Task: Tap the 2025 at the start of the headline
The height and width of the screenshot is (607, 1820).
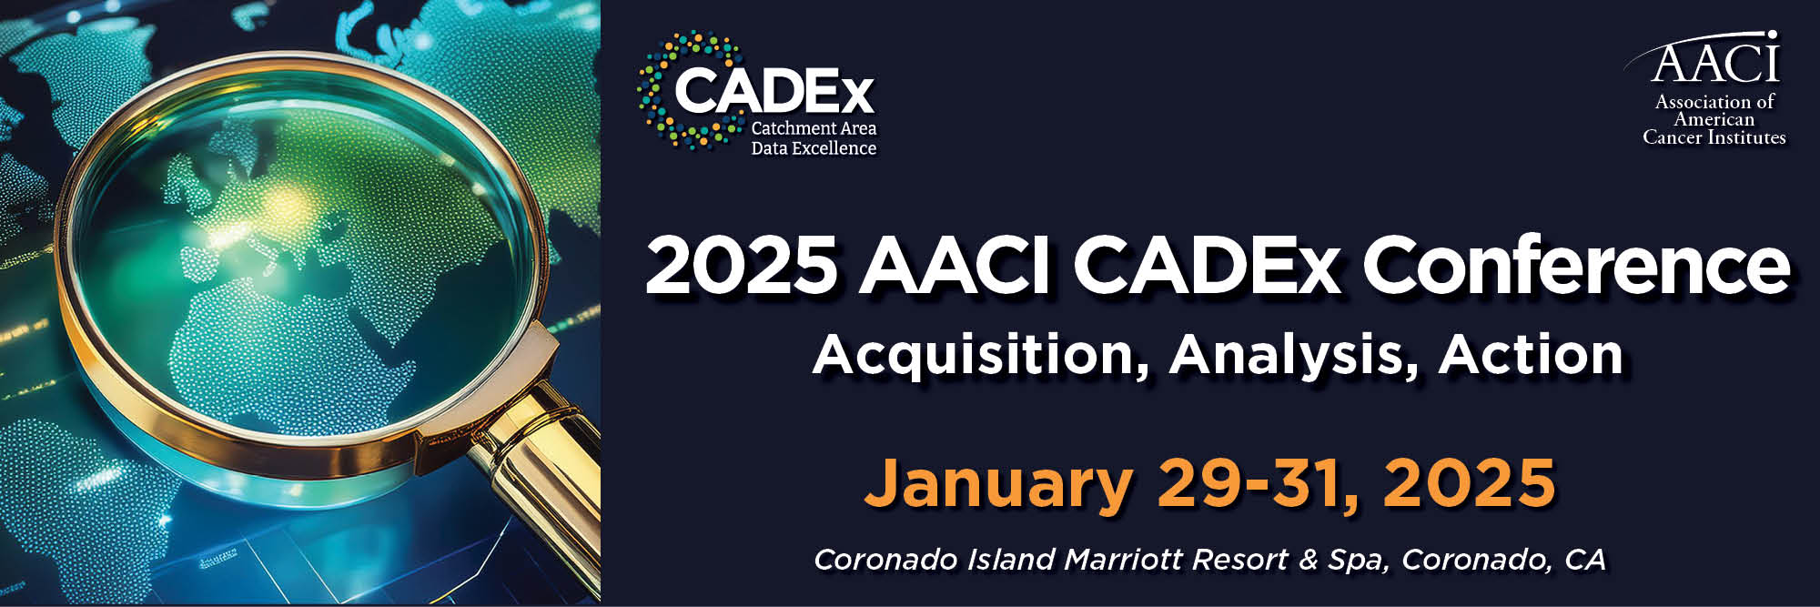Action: coord(741,265)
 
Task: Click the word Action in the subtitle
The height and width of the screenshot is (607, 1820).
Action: coord(1531,354)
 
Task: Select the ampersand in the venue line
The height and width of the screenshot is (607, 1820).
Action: coord(1309,559)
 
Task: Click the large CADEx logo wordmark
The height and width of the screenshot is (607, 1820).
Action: coord(773,91)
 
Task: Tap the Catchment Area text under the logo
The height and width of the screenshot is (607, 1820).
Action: coord(814,128)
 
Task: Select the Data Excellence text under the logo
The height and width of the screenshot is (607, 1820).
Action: coord(814,148)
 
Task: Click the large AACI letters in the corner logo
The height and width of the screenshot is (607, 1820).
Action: coord(1714,62)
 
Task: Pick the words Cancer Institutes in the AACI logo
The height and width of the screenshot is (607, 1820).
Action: coord(1714,137)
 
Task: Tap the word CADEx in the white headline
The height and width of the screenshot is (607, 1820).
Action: coord(1207,265)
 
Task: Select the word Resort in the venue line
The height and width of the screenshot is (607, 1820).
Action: coord(1239,559)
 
